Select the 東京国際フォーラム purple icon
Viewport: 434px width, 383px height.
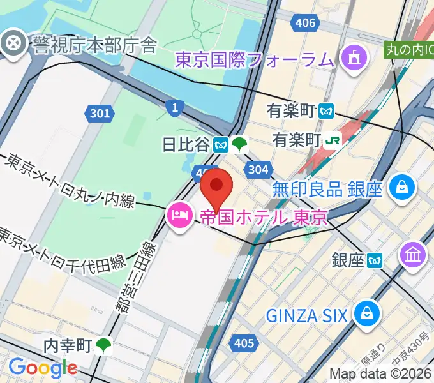click(x=352, y=59)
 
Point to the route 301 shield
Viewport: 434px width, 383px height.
click(x=99, y=114)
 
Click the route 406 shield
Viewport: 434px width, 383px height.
click(x=305, y=24)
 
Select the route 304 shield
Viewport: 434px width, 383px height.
click(x=257, y=169)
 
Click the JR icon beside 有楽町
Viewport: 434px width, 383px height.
click(x=331, y=139)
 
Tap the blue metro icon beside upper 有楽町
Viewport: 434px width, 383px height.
click(x=327, y=110)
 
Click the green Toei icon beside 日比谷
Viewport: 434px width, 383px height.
click(x=239, y=145)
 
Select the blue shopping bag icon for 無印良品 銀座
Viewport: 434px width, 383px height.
click(x=403, y=188)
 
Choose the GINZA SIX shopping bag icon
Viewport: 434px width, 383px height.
click(x=368, y=314)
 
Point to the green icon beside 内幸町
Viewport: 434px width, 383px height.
click(x=103, y=346)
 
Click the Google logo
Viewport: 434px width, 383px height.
click(x=43, y=368)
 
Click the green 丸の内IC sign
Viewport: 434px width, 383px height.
click(x=409, y=49)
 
